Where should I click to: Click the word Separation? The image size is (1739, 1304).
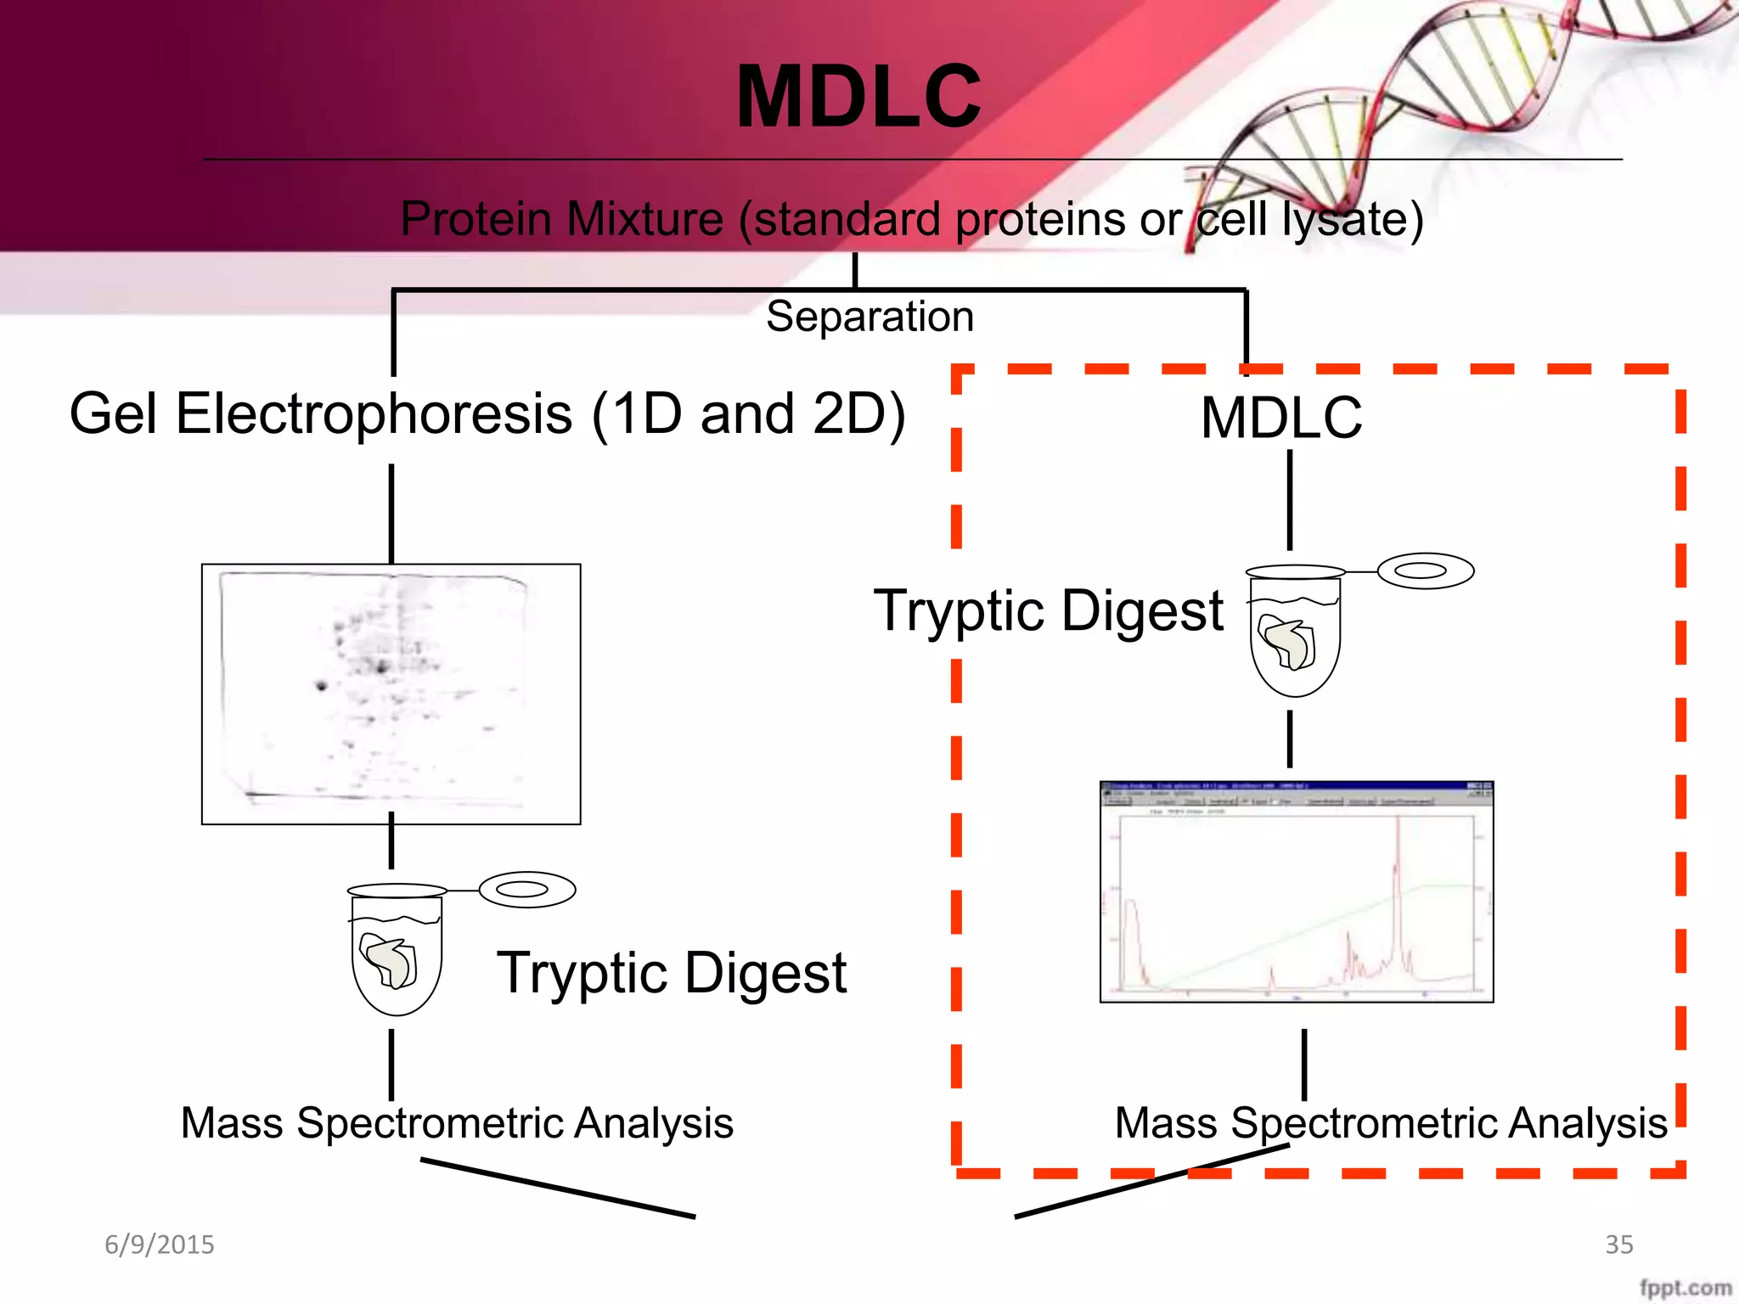pyautogui.click(x=869, y=317)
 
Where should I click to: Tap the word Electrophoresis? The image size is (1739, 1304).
pyautogui.click(x=374, y=414)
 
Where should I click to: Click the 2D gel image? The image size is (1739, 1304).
pyautogui.click(x=391, y=694)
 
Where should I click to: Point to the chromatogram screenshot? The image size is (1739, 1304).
pyautogui.click(x=1296, y=891)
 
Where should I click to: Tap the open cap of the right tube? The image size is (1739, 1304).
pyautogui.click(x=1425, y=570)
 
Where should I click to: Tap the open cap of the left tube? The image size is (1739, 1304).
pyautogui.click(x=526, y=889)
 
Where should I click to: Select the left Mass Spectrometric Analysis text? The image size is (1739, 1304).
pyautogui.click(x=457, y=1123)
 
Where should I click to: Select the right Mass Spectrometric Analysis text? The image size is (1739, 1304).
pyautogui.click(x=1391, y=1123)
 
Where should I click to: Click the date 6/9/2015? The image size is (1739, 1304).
pyautogui.click(x=159, y=1245)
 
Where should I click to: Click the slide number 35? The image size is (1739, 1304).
pyautogui.click(x=1618, y=1245)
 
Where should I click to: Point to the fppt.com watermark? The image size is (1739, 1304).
pyautogui.click(x=1685, y=1287)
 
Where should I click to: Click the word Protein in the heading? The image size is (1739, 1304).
pyautogui.click(x=476, y=219)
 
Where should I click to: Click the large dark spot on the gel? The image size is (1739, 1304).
pyautogui.click(x=321, y=685)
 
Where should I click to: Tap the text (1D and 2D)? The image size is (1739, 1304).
pyautogui.click(x=748, y=414)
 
